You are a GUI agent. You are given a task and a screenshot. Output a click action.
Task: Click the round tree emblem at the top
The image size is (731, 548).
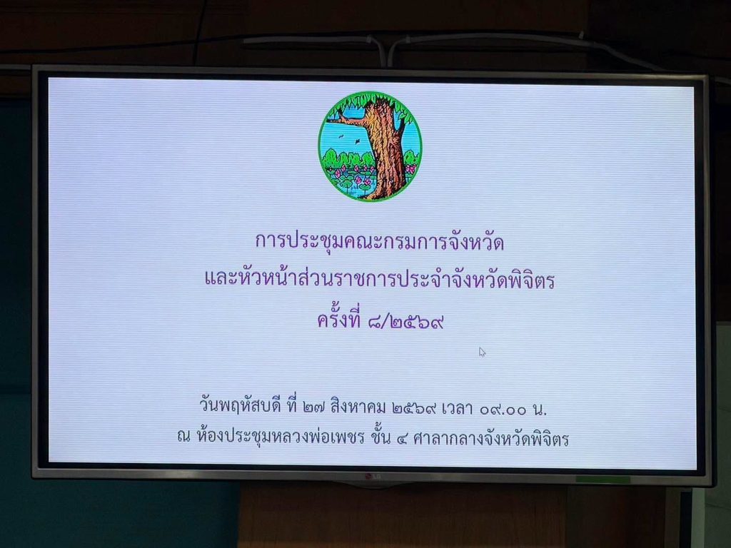click(x=370, y=146)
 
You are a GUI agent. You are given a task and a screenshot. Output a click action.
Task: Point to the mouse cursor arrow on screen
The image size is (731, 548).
click(x=482, y=352)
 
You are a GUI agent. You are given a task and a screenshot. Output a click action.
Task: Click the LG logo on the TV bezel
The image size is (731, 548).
click(x=371, y=476)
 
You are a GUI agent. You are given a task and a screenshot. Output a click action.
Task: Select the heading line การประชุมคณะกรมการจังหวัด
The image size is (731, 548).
click(x=380, y=241)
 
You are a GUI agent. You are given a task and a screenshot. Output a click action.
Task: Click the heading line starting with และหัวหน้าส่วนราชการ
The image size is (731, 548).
click(x=380, y=280)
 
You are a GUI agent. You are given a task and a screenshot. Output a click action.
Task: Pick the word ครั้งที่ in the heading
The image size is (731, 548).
click(x=339, y=319)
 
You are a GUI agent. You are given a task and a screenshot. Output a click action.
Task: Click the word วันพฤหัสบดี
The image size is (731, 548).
click(x=241, y=406)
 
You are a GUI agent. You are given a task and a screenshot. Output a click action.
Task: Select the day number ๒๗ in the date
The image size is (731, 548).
click(x=314, y=408)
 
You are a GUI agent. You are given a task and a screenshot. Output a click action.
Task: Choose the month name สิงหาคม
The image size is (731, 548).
click(x=358, y=407)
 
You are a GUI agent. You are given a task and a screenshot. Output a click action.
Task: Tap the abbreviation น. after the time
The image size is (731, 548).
click(x=539, y=409)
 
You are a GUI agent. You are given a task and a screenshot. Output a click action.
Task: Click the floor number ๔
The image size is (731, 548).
click(x=402, y=439)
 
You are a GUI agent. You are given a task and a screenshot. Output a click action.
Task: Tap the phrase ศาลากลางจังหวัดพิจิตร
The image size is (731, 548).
click(x=491, y=438)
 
